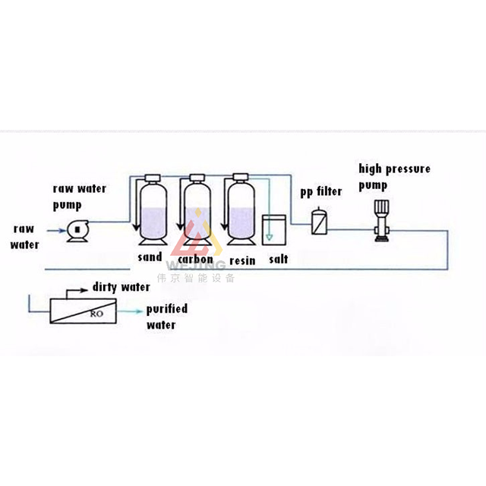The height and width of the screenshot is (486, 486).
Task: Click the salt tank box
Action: tap(273, 229)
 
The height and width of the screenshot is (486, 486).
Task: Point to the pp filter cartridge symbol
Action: tap(319, 222)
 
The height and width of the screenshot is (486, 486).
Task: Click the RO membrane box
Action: tap(85, 311)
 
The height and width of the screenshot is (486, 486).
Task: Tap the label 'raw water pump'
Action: tap(79, 197)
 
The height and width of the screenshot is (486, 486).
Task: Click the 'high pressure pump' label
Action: tap(394, 176)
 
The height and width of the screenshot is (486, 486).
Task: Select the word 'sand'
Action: tap(150, 257)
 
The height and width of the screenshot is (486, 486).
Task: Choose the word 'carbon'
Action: tap(195, 260)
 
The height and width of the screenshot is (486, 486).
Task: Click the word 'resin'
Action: tap(242, 260)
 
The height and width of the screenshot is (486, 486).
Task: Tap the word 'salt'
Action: tap(278, 260)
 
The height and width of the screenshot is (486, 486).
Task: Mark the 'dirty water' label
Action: tap(121, 287)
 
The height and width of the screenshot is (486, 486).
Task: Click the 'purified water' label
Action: tap(166, 317)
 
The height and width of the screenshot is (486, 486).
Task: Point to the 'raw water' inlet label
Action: tap(24, 236)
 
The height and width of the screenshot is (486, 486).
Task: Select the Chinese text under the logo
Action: tap(195, 277)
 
